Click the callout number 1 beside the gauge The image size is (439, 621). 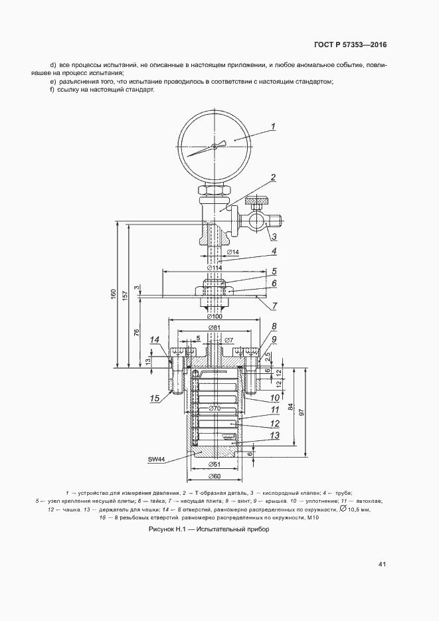273,127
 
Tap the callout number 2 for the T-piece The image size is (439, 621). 273,177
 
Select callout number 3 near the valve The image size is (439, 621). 274,237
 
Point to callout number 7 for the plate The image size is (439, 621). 274,306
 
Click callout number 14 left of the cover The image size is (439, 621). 155,339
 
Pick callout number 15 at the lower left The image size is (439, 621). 155,399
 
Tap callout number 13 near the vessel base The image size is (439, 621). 275,435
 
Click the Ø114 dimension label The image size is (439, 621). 214,268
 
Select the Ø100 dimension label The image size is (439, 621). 214,316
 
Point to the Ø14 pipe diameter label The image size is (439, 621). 232,252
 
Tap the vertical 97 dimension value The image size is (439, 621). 302,412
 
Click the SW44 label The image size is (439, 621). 157,460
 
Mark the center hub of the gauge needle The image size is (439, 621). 214,146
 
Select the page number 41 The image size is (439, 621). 382,564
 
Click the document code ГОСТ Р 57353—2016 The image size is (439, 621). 350,44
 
